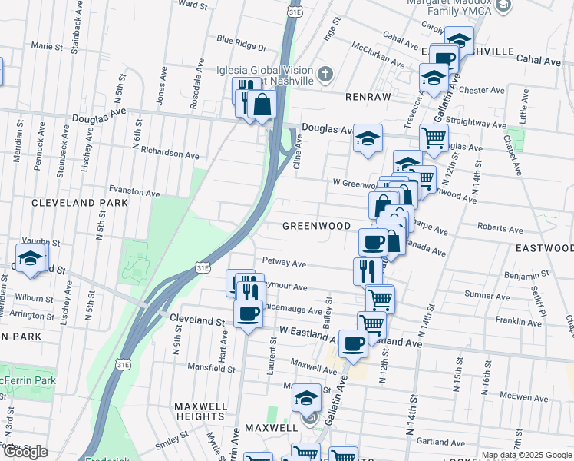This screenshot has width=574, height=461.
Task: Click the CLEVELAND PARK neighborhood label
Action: (x=80, y=204)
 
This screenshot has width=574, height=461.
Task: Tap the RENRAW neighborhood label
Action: (x=369, y=98)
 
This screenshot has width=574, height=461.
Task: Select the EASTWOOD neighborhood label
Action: (x=544, y=248)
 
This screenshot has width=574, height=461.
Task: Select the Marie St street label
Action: (x=46, y=47)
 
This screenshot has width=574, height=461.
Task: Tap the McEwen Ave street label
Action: (x=524, y=397)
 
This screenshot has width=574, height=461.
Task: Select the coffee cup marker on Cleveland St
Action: (x=249, y=313)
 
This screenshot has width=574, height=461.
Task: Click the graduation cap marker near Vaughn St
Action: (x=30, y=259)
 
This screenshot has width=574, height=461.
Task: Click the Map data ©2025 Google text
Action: (x=526, y=455)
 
